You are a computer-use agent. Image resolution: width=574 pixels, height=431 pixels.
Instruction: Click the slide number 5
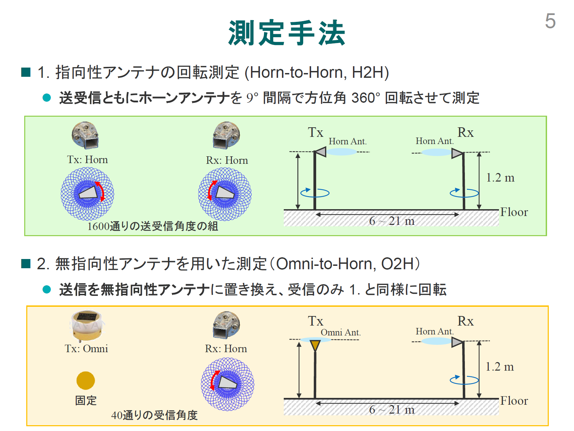(550, 21)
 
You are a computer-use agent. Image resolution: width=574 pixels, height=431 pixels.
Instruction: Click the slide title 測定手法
(287, 33)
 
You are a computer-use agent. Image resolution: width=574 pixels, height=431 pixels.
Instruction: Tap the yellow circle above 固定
(86, 380)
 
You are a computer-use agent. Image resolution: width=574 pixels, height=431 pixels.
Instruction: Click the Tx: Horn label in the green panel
(87, 160)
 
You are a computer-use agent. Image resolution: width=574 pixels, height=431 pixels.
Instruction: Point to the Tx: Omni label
(86, 348)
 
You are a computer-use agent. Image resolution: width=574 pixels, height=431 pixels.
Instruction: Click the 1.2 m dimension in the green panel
(500, 178)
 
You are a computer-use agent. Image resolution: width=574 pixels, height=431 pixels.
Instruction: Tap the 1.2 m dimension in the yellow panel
(500, 367)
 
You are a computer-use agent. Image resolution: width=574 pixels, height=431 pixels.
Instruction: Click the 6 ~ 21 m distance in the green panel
(392, 221)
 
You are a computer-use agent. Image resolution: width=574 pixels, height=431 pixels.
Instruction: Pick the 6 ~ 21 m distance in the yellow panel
(392, 410)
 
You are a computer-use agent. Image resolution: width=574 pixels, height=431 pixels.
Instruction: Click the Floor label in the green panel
(514, 212)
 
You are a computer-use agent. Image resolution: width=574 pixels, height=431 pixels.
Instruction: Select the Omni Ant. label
(341, 332)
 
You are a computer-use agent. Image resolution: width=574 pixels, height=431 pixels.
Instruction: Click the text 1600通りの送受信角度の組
(153, 226)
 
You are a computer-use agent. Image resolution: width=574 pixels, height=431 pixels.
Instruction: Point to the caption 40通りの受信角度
(154, 415)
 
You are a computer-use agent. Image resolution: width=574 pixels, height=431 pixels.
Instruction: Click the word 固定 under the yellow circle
(86, 400)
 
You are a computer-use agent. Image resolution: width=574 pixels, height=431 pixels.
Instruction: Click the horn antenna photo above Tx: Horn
(86, 135)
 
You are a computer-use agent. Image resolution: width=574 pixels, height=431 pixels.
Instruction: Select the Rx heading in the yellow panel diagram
(466, 321)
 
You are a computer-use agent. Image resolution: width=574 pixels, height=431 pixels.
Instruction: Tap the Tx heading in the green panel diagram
(315, 132)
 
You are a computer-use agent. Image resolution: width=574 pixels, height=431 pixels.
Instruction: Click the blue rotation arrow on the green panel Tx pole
(315, 193)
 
